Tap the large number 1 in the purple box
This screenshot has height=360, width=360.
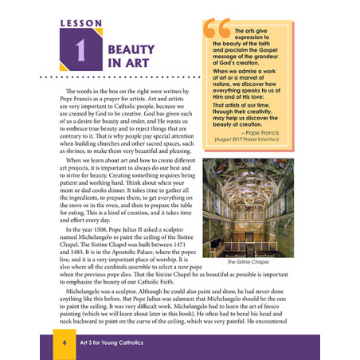[80, 53]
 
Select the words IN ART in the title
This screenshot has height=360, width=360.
[126, 62]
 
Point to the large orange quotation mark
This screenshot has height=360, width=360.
[217, 30]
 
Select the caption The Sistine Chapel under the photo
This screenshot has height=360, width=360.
[248, 261]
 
